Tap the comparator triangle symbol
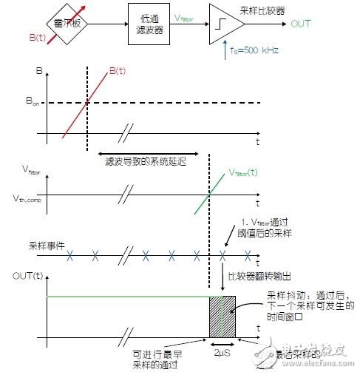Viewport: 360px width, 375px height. coord(225,24)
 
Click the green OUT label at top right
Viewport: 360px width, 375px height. coord(302,24)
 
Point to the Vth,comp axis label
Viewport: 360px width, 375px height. coord(26,198)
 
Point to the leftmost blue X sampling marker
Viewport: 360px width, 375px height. coord(70,256)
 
